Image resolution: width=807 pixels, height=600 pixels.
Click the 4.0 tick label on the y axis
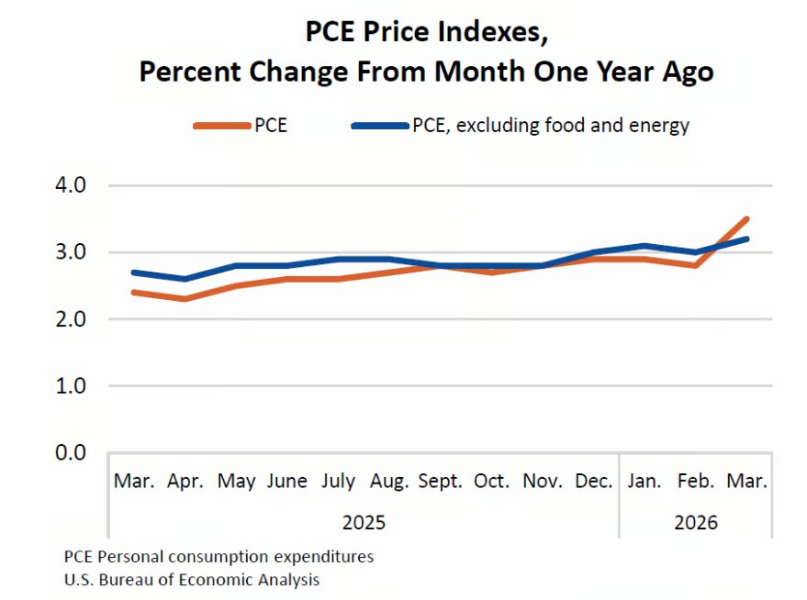(71, 185)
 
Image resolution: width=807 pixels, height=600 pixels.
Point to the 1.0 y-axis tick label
(71, 385)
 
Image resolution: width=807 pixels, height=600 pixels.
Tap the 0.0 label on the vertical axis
(71, 452)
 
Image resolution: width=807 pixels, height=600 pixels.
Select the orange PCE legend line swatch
(222, 126)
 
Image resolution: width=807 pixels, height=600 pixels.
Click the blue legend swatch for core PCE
(380, 126)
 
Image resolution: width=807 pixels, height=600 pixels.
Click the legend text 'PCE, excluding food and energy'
(551, 126)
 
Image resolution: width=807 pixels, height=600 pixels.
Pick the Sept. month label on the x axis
(440, 482)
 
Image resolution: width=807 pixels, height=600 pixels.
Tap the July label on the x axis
(338, 482)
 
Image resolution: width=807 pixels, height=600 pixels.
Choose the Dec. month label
(593, 482)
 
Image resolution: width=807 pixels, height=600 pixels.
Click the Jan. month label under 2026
(644, 482)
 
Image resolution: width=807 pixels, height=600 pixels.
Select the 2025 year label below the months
(364, 522)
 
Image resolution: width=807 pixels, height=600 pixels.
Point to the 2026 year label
(696, 522)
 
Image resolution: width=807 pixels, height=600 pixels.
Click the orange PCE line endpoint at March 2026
(746, 219)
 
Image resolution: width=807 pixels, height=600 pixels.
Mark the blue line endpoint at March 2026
(746, 239)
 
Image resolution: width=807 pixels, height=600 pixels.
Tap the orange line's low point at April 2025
(185, 299)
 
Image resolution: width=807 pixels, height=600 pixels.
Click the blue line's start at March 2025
(134, 272)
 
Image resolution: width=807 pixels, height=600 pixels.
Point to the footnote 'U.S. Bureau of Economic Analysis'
(192, 580)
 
